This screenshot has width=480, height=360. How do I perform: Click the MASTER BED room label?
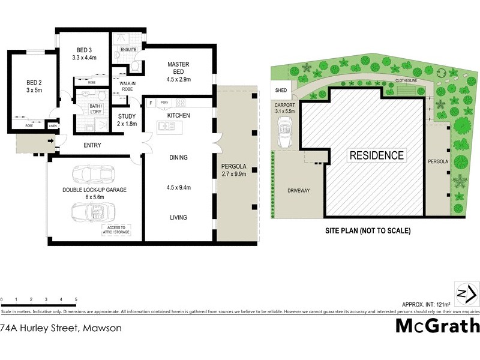tap(179, 64)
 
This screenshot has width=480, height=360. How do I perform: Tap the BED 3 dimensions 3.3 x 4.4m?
tap(83, 58)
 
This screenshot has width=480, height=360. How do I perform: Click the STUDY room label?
tap(127, 116)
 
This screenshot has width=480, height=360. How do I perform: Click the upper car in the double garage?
tap(94, 175)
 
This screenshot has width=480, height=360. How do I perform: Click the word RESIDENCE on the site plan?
tap(377, 155)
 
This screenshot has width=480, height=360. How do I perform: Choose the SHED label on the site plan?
tap(281, 91)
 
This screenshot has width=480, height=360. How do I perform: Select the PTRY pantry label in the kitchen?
tap(164, 103)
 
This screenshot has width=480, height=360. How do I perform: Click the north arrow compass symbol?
tap(467, 293)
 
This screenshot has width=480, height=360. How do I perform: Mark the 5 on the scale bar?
tap(76, 299)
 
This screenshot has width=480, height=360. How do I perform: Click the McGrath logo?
tap(438, 326)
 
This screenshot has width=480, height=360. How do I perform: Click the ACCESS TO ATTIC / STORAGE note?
tap(117, 230)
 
